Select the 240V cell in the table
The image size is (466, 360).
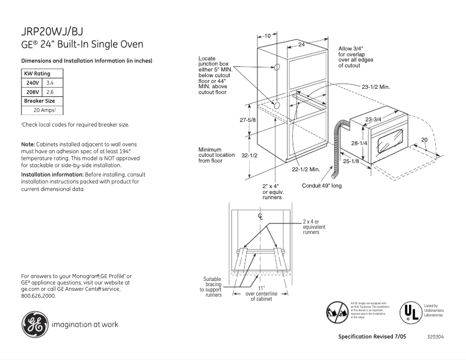coord(31,83)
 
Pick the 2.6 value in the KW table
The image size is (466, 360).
coord(50,92)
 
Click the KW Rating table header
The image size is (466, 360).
coord(37,74)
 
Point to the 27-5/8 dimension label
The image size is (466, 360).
coord(248,120)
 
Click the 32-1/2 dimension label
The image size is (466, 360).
coord(248,156)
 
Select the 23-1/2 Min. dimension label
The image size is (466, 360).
coord(375,87)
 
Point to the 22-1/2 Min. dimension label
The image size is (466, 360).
coord(306,170)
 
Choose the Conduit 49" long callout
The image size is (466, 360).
coord(322,186)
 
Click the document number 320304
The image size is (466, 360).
coord(435,337)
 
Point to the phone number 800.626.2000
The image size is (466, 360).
coord(38,296)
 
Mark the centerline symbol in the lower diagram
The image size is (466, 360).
coord(260,216)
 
